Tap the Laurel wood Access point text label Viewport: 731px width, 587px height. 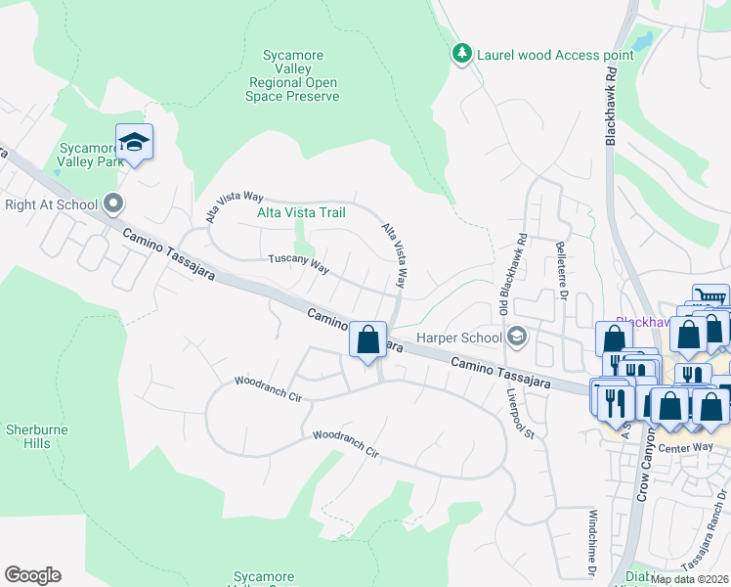[x=554, y=55]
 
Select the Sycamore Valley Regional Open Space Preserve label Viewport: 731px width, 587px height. [x=293, y=76]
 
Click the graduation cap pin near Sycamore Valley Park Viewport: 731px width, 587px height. [x=134, y=143]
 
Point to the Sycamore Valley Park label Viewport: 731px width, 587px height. [x=89, y=155]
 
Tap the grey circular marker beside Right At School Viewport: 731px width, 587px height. [x=113, y=204]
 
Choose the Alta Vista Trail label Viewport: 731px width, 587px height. [x=302, y=211]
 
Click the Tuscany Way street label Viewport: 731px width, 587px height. [x=299, y=262]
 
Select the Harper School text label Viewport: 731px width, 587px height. [x=458, y=339]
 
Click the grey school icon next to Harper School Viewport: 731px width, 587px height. [x=517, y=339]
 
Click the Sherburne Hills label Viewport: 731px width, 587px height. [x=27, y=436]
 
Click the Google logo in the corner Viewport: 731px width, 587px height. [x=32, y=575]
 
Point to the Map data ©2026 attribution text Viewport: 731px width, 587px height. [x=689, y=578]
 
